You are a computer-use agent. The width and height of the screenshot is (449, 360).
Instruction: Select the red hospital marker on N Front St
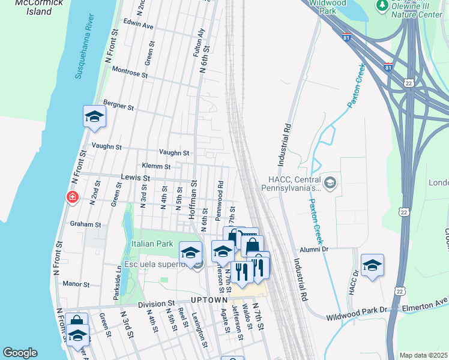73,197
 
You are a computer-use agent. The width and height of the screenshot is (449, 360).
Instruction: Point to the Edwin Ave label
139,26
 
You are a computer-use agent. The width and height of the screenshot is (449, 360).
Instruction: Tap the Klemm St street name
156,166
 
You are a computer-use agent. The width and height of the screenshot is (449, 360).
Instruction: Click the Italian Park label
152,244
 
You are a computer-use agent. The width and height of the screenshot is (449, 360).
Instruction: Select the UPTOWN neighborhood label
209,299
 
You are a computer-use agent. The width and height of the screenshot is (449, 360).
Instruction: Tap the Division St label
155,304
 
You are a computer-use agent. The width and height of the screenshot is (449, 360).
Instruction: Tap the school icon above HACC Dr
372,265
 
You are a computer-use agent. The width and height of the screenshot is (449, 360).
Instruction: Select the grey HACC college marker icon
330,182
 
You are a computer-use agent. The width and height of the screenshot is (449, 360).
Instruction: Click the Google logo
20,353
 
